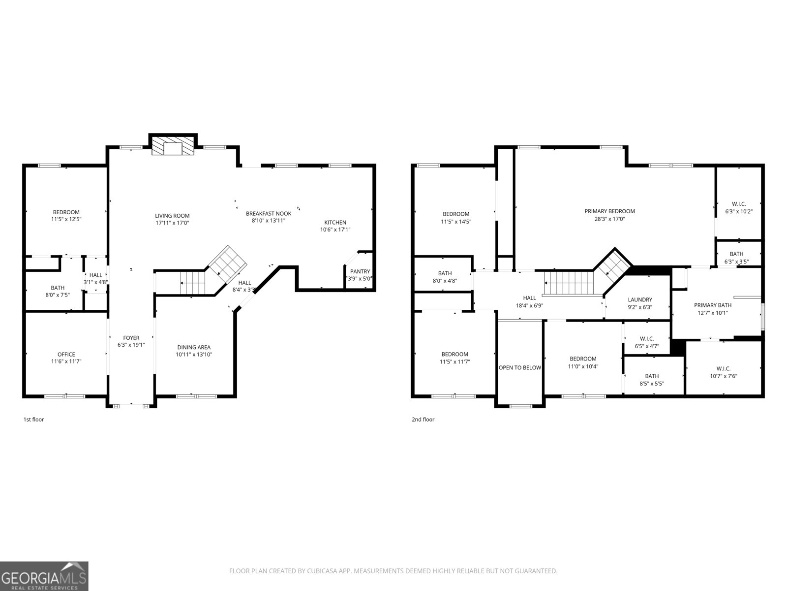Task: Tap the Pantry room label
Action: pyautogui.click(x=360, y=272)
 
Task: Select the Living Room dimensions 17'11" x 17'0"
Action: pyautogui.click(x=172, y=223)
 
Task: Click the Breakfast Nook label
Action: pyautogui.click(x=269, y=213)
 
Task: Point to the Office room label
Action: pyautogui.click(x=66, y=354)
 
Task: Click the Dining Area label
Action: pyautogui.click(x=194, y=347)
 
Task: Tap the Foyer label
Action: pyautogui.click(x=131, y=338)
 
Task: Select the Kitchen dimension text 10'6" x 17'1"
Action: pyautogui.click(x=335, y=230)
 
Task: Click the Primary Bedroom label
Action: pyautogui.click(x=609, y=211)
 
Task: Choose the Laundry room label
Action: pyautogui.click(x=640, y=299)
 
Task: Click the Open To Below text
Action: pyautogui.click(x=520, y=367)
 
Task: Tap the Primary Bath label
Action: pyautogui.click(x=713, y=305)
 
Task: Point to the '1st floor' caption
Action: pyautogui.click(x=34, y=420)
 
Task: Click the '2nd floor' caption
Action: pyautogui.click(x=423, y=420)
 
